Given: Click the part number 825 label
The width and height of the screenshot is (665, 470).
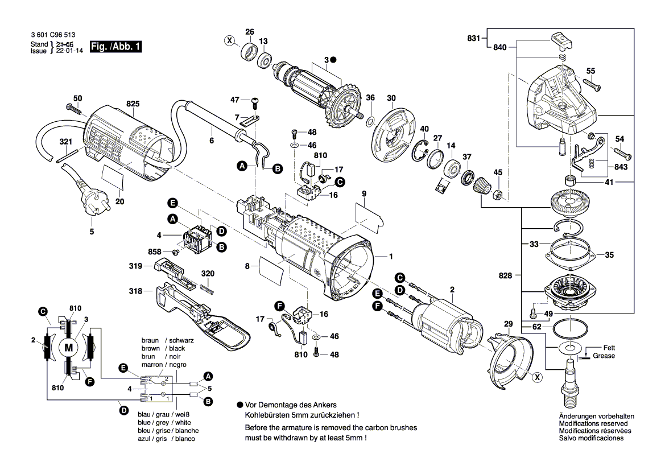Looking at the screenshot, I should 133,104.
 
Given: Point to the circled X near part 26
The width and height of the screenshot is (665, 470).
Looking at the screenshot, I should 229,40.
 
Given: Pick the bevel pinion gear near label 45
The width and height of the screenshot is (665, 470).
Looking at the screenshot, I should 481,185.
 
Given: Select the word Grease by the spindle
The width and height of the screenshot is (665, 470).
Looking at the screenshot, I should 604,356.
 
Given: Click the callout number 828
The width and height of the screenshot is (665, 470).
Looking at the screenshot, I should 505,275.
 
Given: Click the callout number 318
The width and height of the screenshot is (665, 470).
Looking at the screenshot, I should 135,290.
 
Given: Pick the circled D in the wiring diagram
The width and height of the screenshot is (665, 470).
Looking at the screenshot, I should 123,409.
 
